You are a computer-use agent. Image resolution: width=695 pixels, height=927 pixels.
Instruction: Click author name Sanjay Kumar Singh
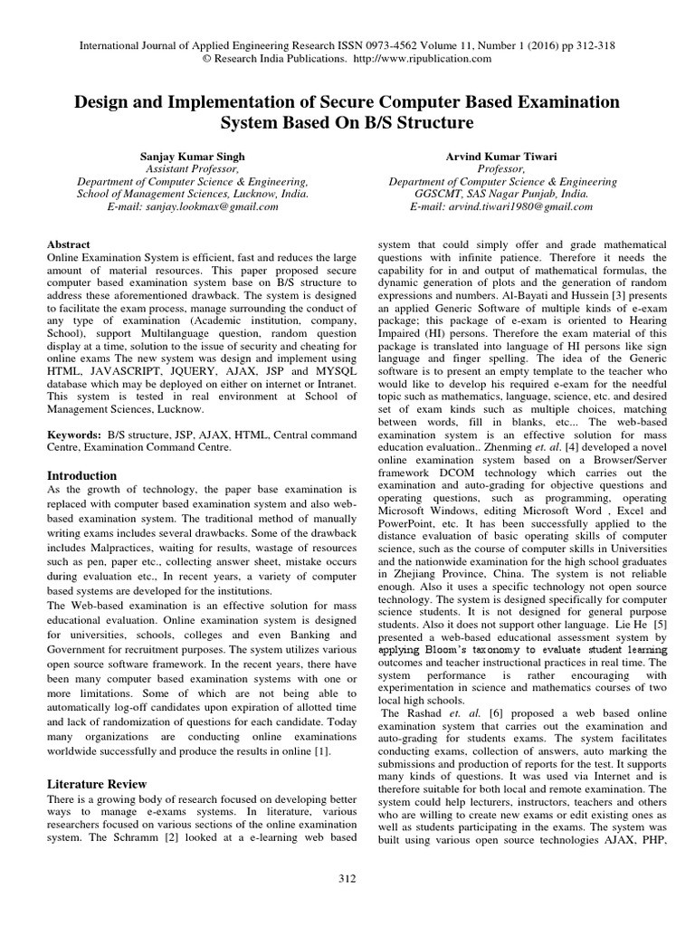[x=192, y=156]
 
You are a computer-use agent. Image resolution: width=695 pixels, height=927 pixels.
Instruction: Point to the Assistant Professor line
[x=192, y=168]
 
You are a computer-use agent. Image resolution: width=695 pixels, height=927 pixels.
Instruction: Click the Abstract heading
[x=68, y=244]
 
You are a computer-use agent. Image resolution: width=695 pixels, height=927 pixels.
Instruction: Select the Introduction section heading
[x=81, y=475]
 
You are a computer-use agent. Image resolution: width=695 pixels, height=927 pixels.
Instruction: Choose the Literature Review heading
[x=95, y=783]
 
